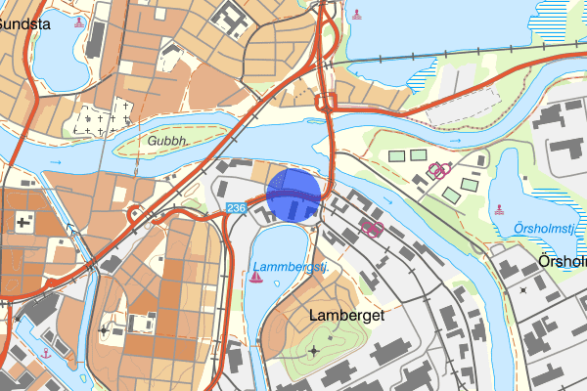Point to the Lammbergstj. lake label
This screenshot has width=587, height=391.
coord(290,266)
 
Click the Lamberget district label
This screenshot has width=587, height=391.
coord(346,316)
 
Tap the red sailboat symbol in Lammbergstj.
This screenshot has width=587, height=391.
coord(255,278)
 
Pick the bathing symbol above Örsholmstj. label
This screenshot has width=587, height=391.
coord(500,208)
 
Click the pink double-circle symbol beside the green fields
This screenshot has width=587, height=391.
coord(439,169)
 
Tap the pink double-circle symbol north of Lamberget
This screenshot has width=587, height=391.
coord(372,229)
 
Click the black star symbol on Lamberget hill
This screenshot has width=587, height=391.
coord(314,350)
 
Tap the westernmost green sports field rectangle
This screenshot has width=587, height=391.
coord(396,156)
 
